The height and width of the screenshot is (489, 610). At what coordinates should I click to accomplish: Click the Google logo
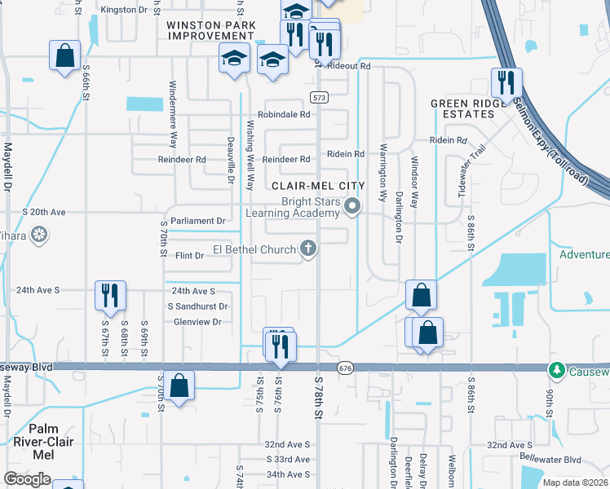click(27, 480)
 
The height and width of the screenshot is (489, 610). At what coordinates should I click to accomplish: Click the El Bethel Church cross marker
click(308, 248)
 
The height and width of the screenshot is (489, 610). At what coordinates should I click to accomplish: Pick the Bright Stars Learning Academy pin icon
click(352, 206)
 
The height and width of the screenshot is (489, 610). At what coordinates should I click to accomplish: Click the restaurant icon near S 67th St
click(110, 294)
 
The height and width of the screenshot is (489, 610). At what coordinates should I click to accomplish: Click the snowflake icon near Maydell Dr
click(38, 236)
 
